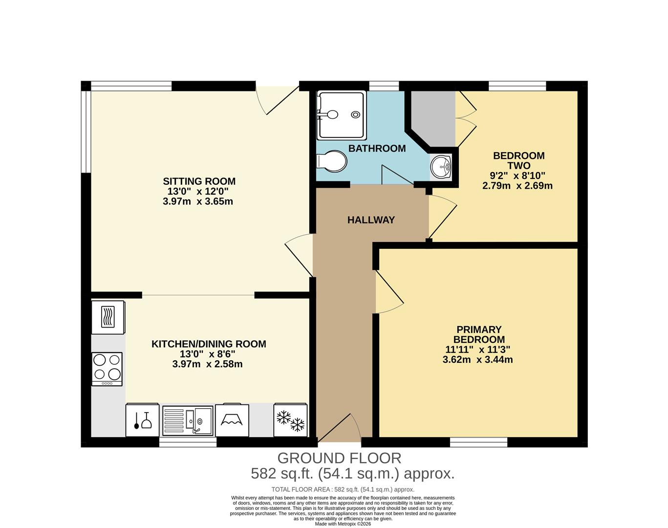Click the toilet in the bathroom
(x=332, y=161)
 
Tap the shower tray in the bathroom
(x=341, y=115)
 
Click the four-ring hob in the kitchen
(x=107, y=368)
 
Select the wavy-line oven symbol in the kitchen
(x=108, y=316)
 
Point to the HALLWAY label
(x=371, y=220)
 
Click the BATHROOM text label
(x=377, y=148)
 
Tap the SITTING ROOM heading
(x=199, y=181)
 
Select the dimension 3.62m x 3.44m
(x=477, y=360)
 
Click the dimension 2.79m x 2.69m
(x=517, y=186)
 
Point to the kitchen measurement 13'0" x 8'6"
(x=208, y=354)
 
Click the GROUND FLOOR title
(x=339, y=458)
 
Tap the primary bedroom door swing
(x=388, y=293)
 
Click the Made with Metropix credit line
(x=343, y=524)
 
